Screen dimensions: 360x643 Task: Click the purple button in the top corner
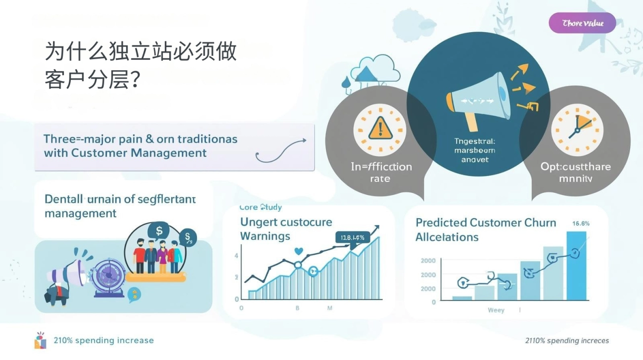tap(582, 23)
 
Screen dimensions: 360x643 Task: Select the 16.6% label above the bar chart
tap(581, 224)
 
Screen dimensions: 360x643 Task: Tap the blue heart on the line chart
tap(298, 251)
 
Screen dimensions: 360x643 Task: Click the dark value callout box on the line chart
tap(353, 238)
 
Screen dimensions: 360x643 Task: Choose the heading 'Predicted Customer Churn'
tap(486, 223)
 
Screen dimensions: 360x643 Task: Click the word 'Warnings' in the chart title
tap(265, 236)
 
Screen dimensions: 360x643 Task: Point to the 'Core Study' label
tap(260, 208)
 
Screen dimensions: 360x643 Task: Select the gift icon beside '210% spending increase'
tap(40, 340)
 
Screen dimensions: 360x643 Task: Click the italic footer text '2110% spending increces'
tap(567, 340)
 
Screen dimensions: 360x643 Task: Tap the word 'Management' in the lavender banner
tap(169, 153)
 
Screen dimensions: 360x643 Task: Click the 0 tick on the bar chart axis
tap(434, 302)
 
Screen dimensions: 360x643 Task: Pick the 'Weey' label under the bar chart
tap(496, 310)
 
